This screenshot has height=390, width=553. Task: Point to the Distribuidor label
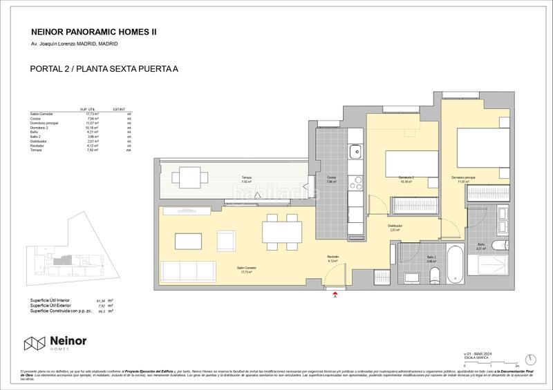coord(395,226)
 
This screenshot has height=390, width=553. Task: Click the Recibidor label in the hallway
coord(333,259)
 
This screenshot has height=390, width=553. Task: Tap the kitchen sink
coord(357,151)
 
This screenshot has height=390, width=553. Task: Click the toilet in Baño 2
coord(433,277)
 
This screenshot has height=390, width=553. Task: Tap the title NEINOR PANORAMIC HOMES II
coord(90,31)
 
